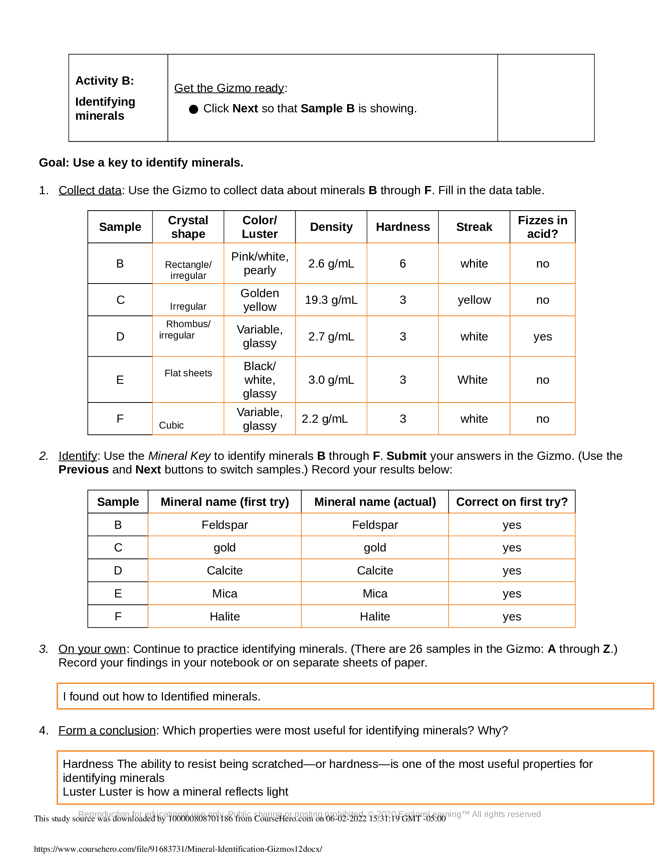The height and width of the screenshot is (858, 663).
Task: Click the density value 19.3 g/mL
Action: (331, 300)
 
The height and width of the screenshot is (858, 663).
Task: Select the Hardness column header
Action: (402, 227)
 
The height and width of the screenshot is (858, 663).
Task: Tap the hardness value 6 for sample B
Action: (402, 264)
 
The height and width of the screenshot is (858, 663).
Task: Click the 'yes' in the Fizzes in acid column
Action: (542, 336)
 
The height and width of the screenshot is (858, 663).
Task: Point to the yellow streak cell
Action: (474, 300)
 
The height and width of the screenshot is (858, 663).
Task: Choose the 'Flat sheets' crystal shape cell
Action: (188, 373)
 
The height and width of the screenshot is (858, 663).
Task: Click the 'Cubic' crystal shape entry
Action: (171, 425)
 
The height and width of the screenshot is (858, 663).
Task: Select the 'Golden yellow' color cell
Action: (260, 300)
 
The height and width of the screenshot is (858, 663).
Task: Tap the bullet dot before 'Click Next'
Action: (193, 109)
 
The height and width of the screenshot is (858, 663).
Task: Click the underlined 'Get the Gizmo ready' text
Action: (229, 88)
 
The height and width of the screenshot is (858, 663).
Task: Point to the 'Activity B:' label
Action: (105, 81)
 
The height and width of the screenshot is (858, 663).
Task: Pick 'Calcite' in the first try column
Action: (225, 571)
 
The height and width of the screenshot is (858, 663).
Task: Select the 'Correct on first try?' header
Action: (511, 502)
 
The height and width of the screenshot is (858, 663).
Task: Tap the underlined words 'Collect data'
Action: (90, 190)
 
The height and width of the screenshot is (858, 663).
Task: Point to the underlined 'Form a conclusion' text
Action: (107, 730)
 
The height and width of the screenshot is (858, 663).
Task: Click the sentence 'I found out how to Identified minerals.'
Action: (161, 697)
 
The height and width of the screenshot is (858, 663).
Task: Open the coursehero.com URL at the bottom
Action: (178, 849)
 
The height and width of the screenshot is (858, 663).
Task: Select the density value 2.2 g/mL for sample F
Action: (324, 419)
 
